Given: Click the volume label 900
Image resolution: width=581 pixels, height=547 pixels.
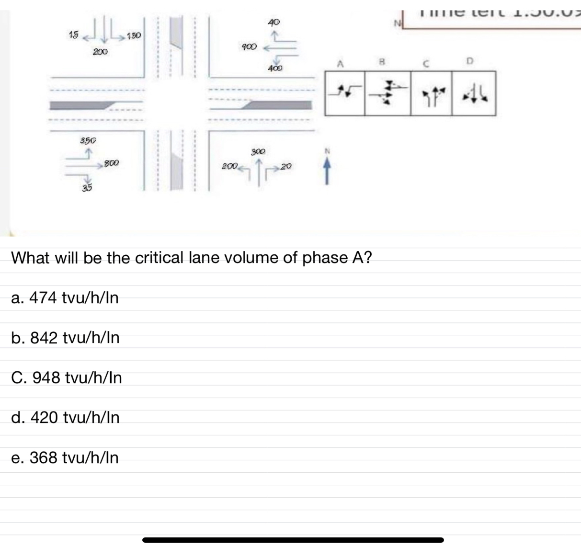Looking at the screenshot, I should tap(249, 47).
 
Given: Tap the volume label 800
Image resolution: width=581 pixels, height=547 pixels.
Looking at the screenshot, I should tap(112, 163).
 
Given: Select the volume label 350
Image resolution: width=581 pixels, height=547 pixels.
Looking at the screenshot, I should tap(88, 140).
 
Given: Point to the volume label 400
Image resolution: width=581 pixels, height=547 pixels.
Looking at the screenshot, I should tap(275, 68).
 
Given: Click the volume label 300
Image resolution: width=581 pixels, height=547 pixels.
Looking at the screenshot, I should tap(258, 151).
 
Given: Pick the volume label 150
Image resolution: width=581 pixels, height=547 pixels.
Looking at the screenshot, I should tap(134, 35).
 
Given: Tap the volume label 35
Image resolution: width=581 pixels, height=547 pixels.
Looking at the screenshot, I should tap(87, 188).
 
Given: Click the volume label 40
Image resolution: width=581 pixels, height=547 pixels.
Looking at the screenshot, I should tap(273, 22).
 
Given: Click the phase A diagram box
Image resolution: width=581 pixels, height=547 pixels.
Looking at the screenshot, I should tap(344, 93).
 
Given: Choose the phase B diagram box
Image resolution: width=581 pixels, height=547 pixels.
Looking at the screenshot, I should tap(387, 93).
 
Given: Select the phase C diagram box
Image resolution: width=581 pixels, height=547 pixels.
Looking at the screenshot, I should tap(431, 93).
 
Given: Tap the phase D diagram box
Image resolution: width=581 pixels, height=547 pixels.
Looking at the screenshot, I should tap(474, 93).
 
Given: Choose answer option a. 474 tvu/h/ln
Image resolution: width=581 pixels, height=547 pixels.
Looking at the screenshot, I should tap(65, 298).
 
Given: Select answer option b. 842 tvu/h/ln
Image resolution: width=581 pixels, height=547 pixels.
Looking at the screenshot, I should tap(65, 338).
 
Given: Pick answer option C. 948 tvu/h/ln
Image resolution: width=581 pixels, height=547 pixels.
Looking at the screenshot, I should tap(67, 377).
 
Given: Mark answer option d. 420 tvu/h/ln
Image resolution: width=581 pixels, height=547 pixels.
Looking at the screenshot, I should tap(65, 418).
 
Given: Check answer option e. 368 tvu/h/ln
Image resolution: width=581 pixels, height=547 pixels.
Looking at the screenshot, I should tap(65, 457).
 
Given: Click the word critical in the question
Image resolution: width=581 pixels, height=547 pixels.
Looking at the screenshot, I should tap(159, 258).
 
